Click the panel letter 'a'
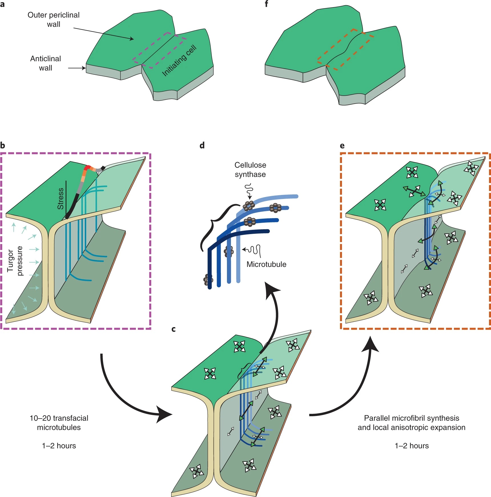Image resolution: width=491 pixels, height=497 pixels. point(2,4)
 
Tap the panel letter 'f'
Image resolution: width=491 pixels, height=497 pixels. point(266,4)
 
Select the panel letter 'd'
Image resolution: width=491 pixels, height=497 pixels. point(202,146)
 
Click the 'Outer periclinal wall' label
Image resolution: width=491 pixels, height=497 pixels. point(53,19)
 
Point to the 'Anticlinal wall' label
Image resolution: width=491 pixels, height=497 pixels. point(46,63)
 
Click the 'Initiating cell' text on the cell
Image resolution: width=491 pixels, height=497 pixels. point(179,61)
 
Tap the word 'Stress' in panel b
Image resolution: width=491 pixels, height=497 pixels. point(61,198)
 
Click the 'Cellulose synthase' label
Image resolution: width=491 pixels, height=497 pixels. point(250,170)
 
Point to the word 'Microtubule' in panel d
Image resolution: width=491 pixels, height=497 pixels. point(266,264)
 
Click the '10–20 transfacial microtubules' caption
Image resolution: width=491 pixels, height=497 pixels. point(59,422)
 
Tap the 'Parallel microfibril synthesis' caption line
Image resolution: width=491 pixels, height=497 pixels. point(411,418)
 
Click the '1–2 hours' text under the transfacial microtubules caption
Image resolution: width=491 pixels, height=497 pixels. point(59,446)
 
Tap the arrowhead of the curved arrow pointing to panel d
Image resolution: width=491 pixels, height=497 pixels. point(271,290)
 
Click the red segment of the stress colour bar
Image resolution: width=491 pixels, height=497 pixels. point(87,168)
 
